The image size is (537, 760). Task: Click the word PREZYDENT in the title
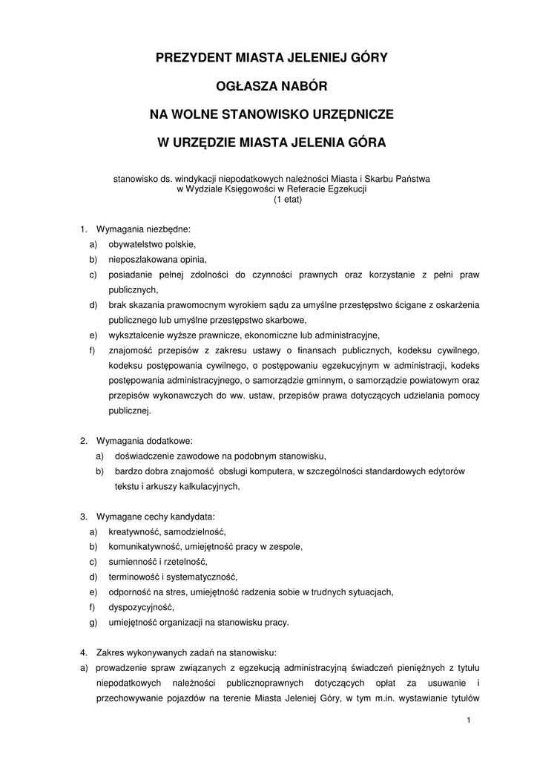pos(192,56)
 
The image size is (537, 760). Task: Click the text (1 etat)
pos(268,200)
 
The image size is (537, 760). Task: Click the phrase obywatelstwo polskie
pos(152,244)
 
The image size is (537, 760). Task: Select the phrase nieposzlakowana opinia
pos(157,259)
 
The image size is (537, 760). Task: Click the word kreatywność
pos(135,531)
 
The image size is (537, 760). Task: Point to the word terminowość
pos(134,577)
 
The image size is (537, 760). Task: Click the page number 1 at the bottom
pos(470,721)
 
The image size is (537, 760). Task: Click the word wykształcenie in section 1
pos(138,335)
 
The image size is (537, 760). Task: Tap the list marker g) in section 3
pos(93,623)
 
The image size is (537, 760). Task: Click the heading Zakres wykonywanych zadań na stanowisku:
pos(186,653)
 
